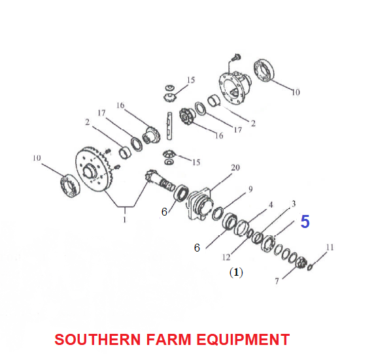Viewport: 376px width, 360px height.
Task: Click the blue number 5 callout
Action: pyautogui.click(x=305, y=221)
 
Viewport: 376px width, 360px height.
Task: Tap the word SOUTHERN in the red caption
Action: pyautogui.click(x=97, y=339)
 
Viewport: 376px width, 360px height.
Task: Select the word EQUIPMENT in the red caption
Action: pyautogui.click(x=243, y=339)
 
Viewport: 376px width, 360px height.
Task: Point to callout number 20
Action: pyautogui.click(x=235, y=168)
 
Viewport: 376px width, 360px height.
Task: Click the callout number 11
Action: pyautogui.click(x=330, y=247)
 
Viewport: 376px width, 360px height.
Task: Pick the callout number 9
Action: pyautogui.click(x=250, y=189)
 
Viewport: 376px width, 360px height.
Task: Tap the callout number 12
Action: pyautogui.click(x=226, y=257)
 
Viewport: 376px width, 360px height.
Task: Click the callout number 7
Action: pyautogui.click(x=277, y=281)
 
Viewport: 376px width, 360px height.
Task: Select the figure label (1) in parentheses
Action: pyautogui.click(x=236, y=272)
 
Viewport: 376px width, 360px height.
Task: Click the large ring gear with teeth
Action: pyautogui.click(x=94, y=169)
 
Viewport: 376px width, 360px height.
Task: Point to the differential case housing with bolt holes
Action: pyautogui.click(x=235, y=87)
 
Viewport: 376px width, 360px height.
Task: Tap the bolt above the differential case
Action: pyautogui.click(x=237, y=57)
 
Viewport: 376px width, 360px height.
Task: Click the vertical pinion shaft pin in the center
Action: pyautogui.click(x=169, y=126)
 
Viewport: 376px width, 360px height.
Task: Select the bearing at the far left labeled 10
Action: pyautogui.click(x=70, y=186)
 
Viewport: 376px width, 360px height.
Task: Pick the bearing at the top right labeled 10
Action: pyautogui.click(x=264, y=70)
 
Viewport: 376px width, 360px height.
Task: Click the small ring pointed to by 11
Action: pyautogui.click(x=309, y=267)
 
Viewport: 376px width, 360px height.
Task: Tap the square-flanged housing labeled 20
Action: pyautogui.click(x=199, y=203)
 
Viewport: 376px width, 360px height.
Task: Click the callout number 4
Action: pyautogui.click(x=271, y=205)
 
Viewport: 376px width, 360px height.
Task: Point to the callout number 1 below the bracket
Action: pyautogui.click(x=125, y=220)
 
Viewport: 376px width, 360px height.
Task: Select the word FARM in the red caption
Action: pyautogui.click(x=168, y=339)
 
